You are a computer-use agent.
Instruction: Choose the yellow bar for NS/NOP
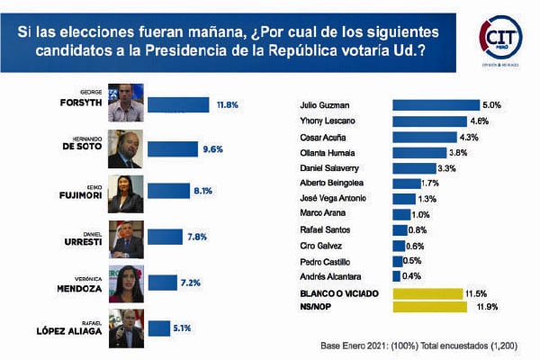[x=429, y=308]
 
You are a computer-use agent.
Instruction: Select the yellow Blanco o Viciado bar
[x=428, y=293]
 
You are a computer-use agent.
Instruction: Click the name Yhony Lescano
[x=321, y=121]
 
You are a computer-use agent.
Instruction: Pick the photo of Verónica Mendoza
[x=126, y=283]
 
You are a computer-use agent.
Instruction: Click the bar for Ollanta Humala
[x=419, y=152]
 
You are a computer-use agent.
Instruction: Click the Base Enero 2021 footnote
[x=419, y=345]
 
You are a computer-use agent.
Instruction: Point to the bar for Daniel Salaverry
[x=415, y=167]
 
